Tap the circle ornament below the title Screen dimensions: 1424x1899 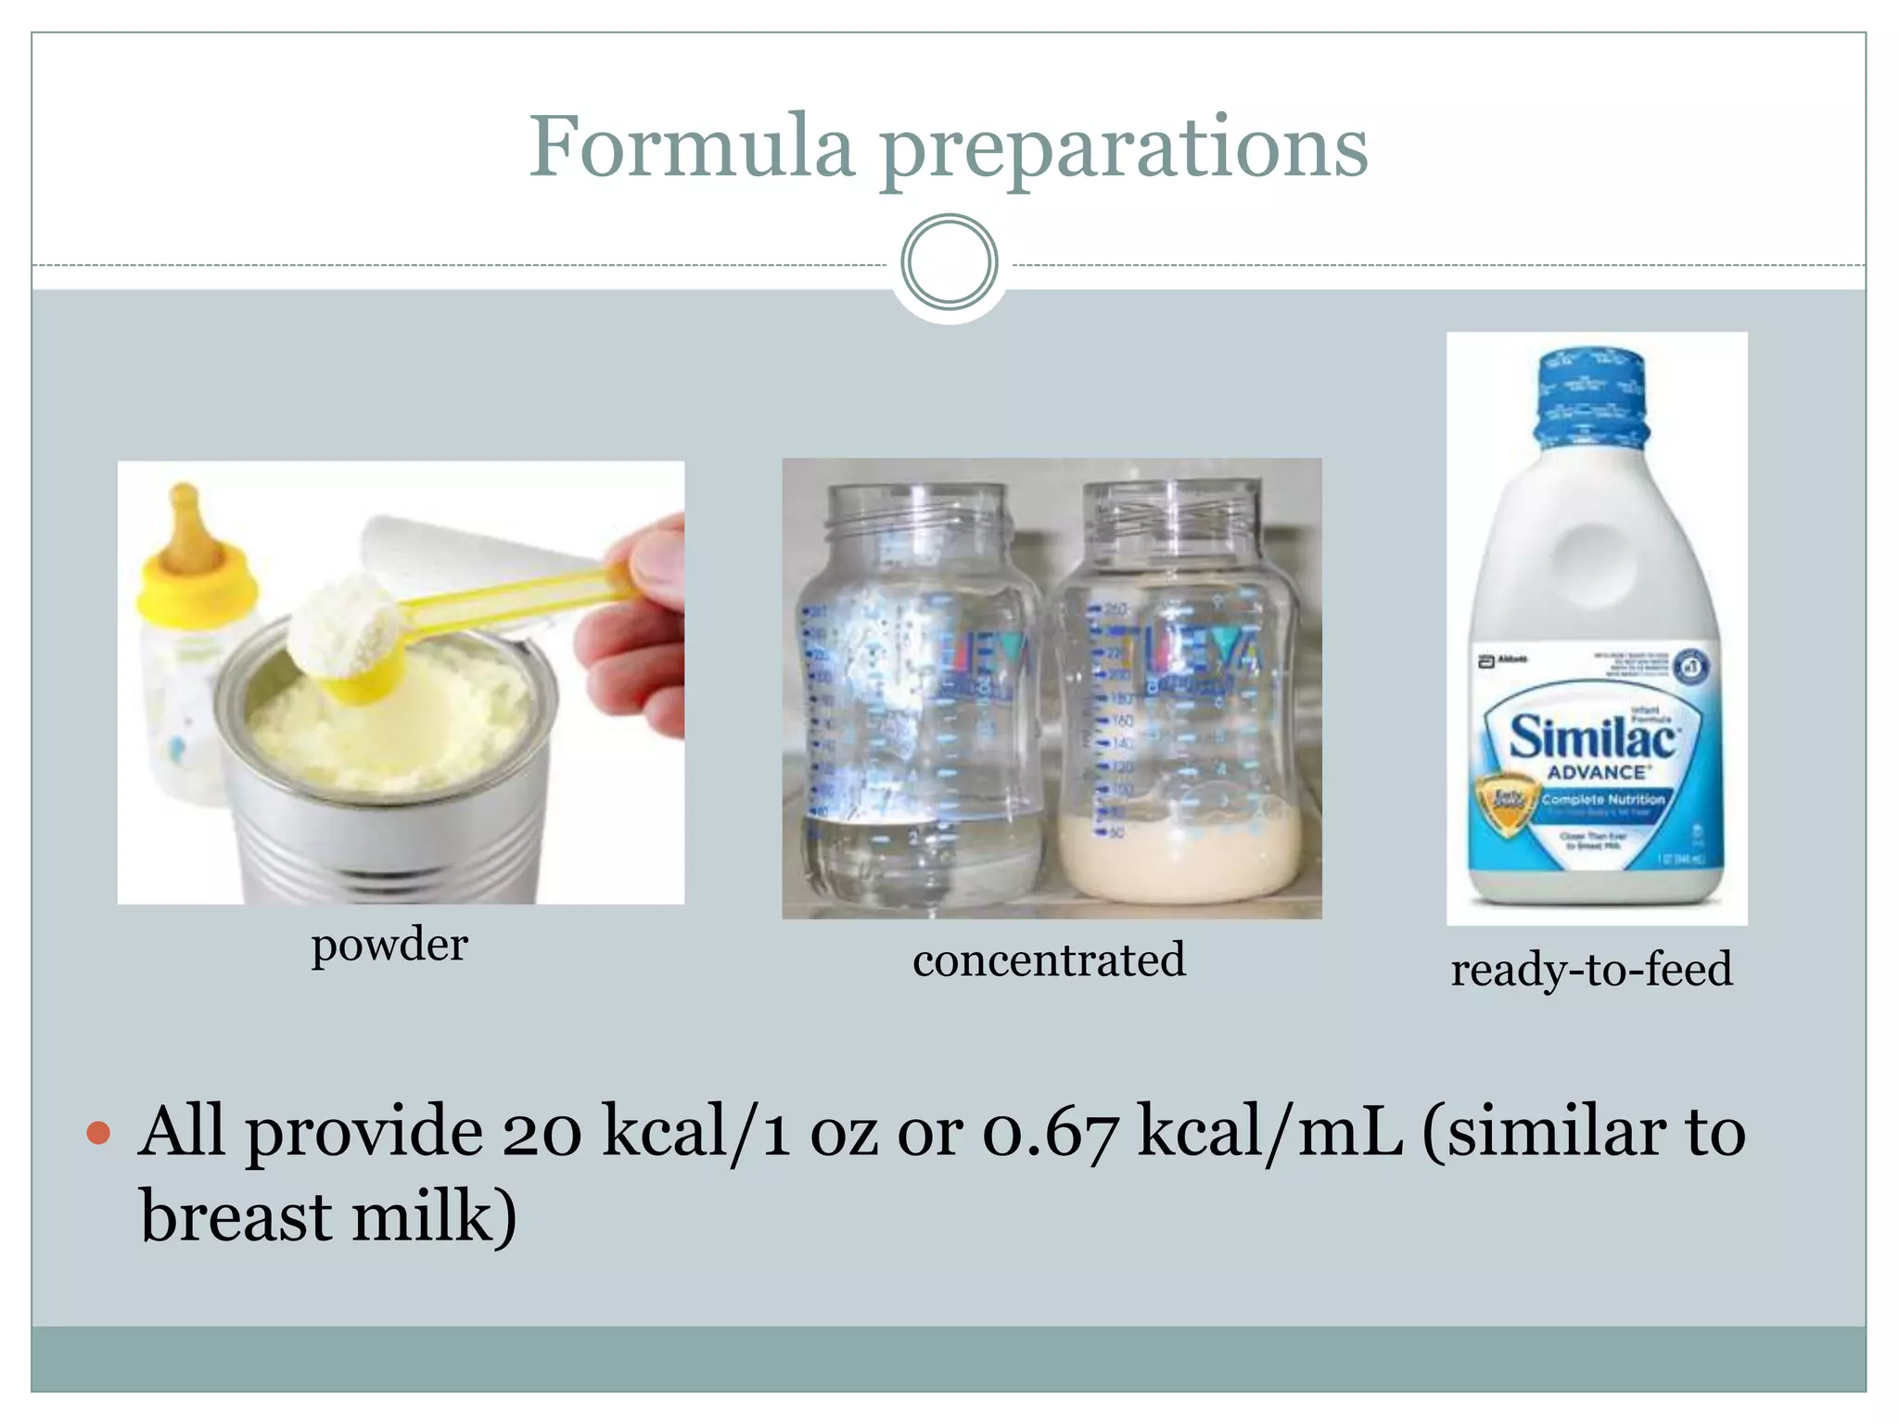[x=949, y=262]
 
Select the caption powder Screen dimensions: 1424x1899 [x=389, y=946]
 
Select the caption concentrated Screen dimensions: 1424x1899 [x=1049, y=960]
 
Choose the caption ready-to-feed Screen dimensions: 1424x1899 [x=1591, y=970]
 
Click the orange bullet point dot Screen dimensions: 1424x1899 [x=98, y=1133]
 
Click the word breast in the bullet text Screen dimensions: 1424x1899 [x=235, y=1215]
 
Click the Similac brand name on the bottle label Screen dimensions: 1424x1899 [x=1593, y=738]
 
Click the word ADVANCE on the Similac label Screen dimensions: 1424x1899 [x=1597, y=772]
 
